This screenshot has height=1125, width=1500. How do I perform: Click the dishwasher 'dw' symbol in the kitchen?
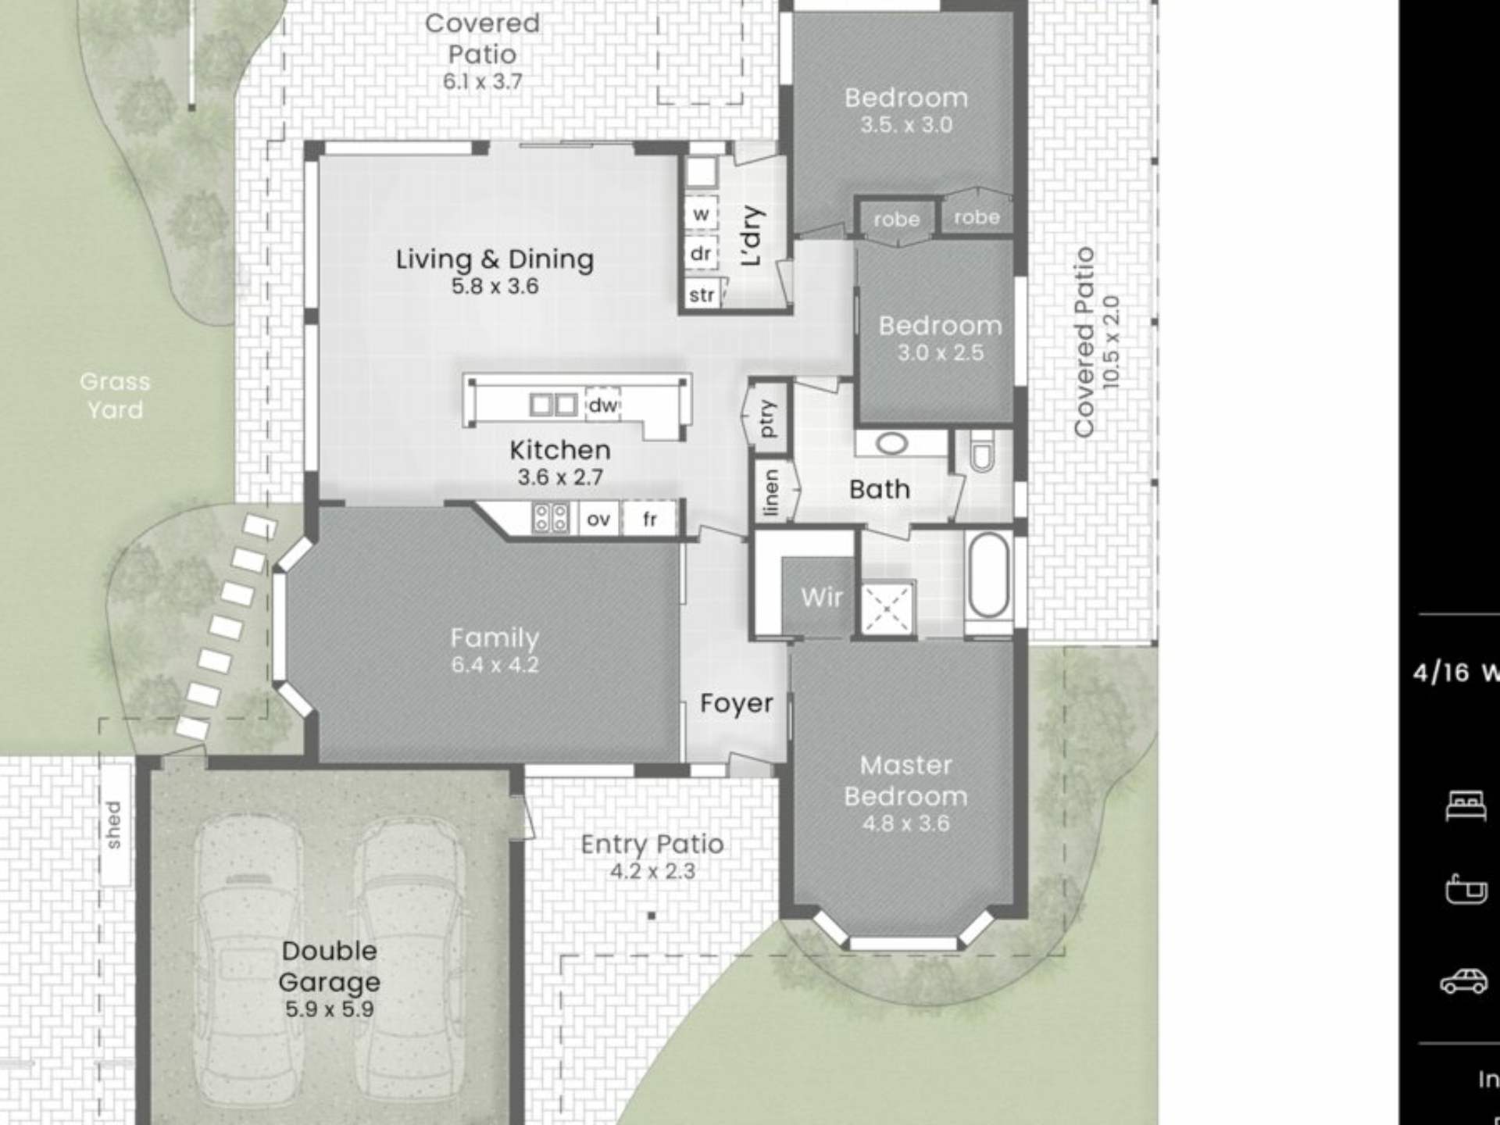coord(602,405)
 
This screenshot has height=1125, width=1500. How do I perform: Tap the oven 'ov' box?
coord(598,519)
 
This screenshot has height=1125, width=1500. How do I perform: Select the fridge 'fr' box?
coord(649,519)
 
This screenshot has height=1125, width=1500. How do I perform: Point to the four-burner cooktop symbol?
coord(550,518)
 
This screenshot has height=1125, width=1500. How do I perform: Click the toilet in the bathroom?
coord(982,452)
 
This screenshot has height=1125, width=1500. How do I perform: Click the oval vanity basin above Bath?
coord(891,444)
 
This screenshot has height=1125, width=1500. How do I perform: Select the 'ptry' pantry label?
coord(768,418)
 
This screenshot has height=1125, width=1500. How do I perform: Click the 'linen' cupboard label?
coord(770,492)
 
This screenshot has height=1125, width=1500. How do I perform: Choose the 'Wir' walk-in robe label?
coord(821,598)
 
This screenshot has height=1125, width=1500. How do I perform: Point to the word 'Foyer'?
coord(736,703)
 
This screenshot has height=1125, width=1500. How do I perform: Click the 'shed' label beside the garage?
coord(114,824)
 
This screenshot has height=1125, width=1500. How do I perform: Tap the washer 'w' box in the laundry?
coord(701,214)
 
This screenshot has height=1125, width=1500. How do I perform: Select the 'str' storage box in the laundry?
coord(702,295)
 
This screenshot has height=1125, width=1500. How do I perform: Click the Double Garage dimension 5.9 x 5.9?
coord(329,1009)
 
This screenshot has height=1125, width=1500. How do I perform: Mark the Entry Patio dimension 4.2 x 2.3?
coord(652,870)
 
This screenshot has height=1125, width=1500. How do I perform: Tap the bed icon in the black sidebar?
coord(1466,805)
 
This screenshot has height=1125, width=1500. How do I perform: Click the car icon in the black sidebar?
coord(1464,981)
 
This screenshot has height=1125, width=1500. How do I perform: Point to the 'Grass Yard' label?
coord(115,395)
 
